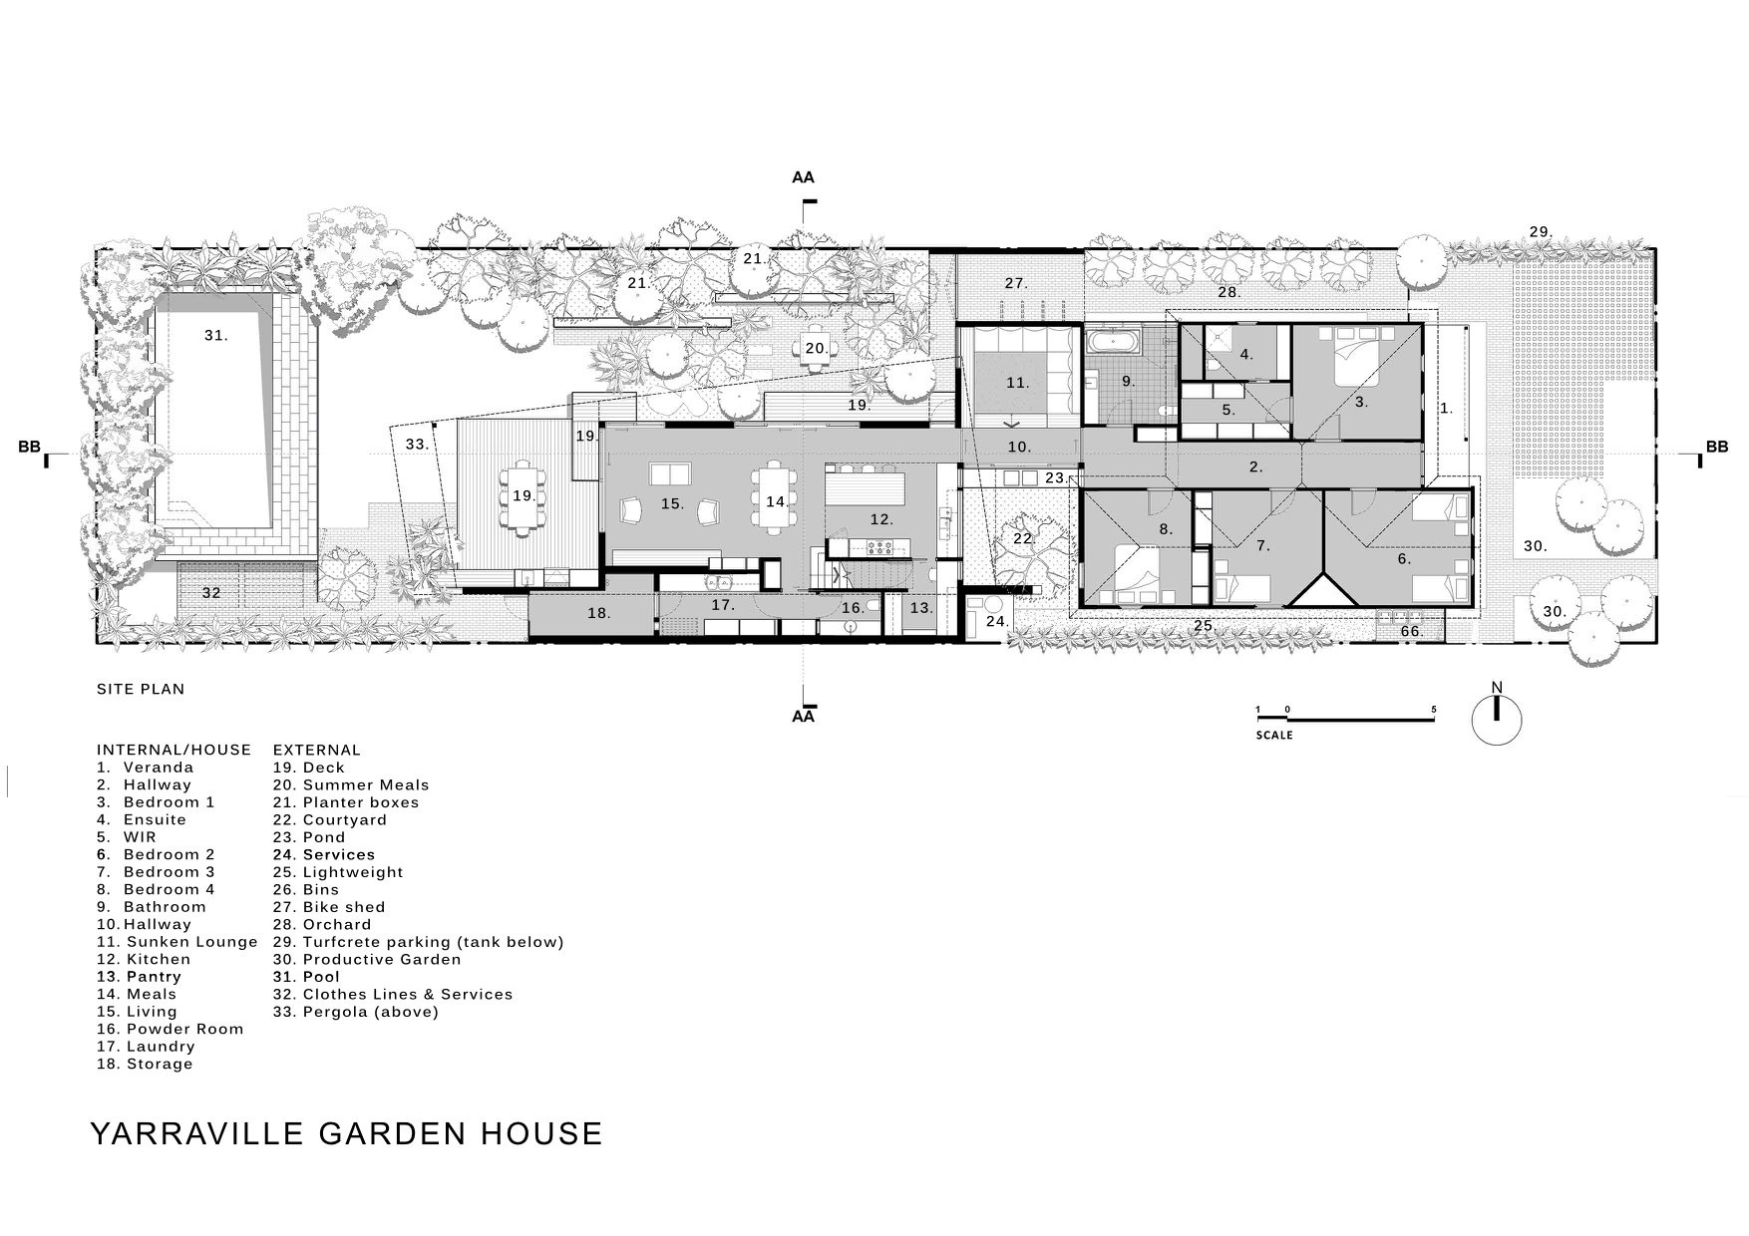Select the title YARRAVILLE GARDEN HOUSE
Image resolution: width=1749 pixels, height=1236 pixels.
pos(347,1133)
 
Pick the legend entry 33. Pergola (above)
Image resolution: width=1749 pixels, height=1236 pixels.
pos(356,1012)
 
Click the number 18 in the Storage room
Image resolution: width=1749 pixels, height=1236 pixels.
pos(597,613)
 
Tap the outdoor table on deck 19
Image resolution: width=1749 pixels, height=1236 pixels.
pos(523,495)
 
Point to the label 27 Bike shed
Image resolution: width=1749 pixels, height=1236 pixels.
pos(1015,284)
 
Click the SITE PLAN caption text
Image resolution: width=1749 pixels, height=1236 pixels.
pos(141,689)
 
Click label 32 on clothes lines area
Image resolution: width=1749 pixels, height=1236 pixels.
pos(211,593)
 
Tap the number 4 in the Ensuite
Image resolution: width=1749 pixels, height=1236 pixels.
pos(1245,354)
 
